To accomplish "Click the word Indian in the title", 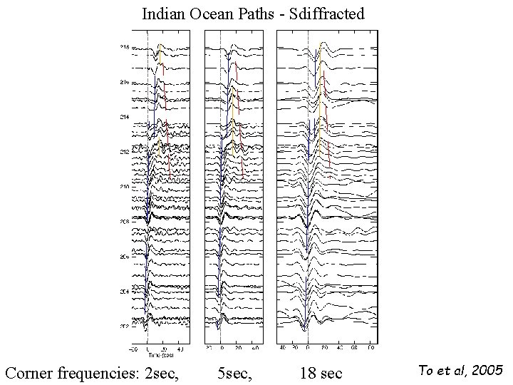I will pos(162,13).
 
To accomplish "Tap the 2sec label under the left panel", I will pos(168,372).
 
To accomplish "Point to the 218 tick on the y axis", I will pos(124,48).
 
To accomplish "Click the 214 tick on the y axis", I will pos(124,117).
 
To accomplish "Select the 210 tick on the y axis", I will pos(124,187).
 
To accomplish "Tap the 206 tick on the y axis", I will pos(124,256).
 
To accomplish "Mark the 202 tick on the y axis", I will pos(124,326).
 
